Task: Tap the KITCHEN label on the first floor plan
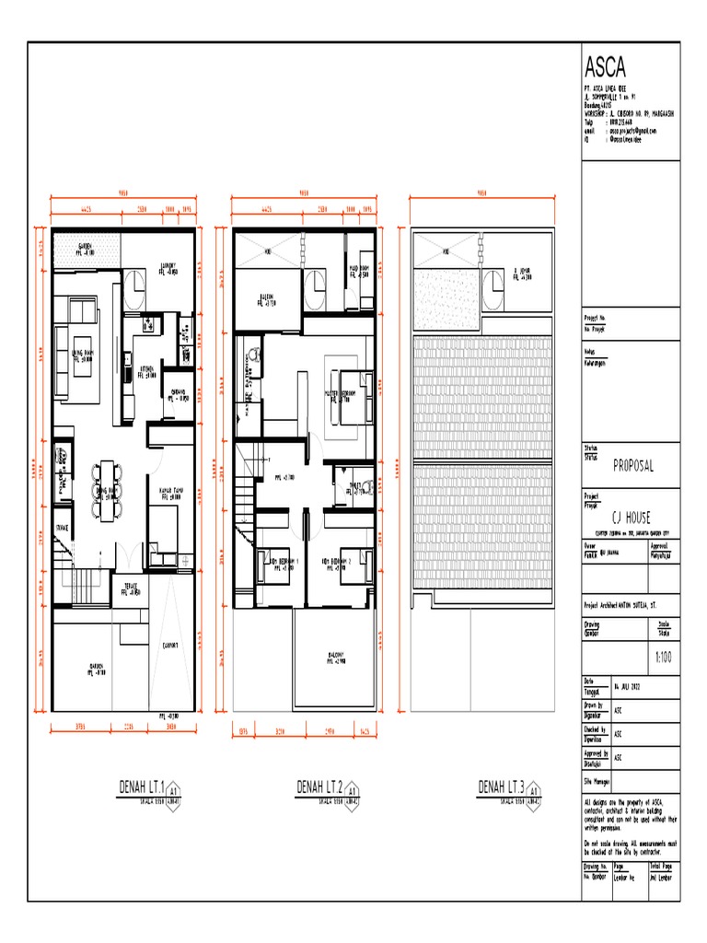point(146,372)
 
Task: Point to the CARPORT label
point(170,646)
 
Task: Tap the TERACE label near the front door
point(129,589)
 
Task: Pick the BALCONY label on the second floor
point(336,659)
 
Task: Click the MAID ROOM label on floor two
point(358,271)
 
